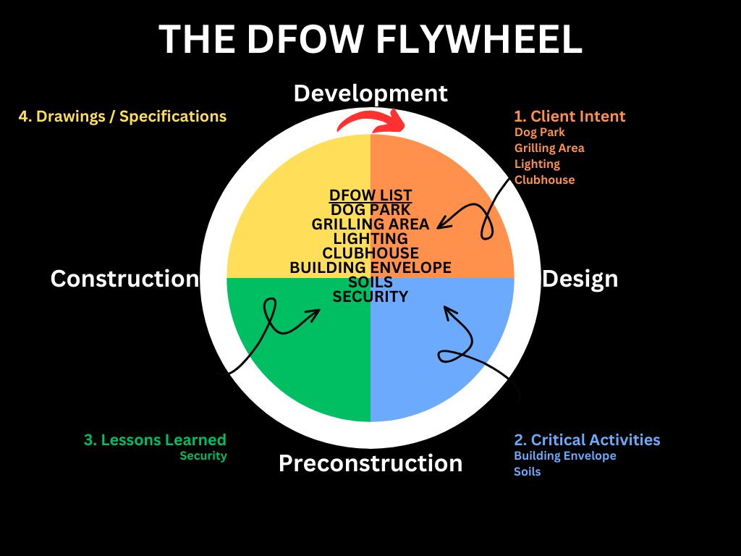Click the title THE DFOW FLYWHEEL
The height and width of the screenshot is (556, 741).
point(370,39)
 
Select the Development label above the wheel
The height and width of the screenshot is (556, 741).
point(370,93)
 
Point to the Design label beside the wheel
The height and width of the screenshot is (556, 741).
point(580,279)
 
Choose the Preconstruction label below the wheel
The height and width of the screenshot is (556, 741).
point(370,463)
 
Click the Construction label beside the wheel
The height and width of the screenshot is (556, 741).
point(124,279)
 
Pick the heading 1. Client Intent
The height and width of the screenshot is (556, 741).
point(569,117)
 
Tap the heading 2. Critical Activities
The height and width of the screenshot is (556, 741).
point(587,440)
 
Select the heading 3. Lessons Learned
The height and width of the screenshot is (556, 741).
point(155,440)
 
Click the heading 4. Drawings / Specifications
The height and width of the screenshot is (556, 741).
point(122,117)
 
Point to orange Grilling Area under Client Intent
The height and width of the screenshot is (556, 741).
point(549,148)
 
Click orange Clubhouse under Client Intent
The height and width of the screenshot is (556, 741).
point(544,180)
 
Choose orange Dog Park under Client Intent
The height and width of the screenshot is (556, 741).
point(539,132)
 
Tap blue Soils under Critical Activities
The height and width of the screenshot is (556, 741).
point(527,472)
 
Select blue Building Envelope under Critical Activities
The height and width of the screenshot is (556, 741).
point(564,456)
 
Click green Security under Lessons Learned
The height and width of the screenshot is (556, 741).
point(203,456)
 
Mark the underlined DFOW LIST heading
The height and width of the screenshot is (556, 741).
point(370,195)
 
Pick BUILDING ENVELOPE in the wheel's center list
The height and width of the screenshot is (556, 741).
point(370,268)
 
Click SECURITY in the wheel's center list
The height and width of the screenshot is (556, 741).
point(370,297)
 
